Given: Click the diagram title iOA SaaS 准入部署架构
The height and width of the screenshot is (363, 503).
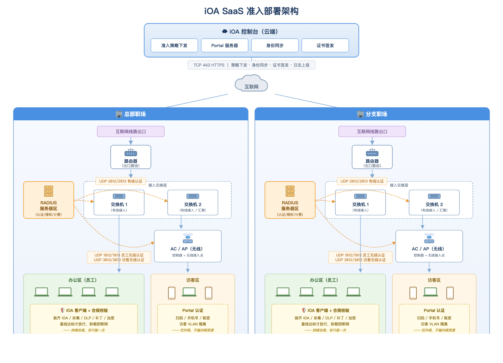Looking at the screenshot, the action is click(251, 11).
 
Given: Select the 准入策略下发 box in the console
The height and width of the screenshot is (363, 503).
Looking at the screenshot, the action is click(174, 45).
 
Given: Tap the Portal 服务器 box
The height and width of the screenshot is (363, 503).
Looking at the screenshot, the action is click(225, 45).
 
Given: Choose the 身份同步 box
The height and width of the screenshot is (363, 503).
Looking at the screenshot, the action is click(275, 45).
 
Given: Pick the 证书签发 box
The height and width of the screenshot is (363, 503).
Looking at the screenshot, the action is click(325, 45).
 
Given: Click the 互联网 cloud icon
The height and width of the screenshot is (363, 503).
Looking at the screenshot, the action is click(251, 83).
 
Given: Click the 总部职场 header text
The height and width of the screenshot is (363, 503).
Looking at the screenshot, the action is click(135, 114).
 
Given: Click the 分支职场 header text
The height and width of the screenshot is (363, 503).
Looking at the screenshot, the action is click(376, 114).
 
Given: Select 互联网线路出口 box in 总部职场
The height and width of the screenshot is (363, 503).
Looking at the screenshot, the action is click(131, 131).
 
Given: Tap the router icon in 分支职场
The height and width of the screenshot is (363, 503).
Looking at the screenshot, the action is click(372, 153).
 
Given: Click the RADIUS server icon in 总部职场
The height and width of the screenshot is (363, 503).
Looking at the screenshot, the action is click(49, 191).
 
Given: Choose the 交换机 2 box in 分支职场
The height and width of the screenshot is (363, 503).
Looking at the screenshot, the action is click(434, 203).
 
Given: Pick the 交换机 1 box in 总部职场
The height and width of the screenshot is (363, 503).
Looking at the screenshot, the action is click(119, 203).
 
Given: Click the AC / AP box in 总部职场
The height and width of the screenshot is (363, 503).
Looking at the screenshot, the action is click(188, 246).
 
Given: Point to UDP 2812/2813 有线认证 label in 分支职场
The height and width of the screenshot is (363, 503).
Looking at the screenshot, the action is click(362, 181).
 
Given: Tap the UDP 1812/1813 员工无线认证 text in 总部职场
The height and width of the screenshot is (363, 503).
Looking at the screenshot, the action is click(119, 255).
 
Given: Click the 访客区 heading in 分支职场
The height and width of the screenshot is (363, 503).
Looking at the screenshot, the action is click(434, 280).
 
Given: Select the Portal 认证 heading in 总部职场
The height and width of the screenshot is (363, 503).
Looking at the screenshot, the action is click(193, 311).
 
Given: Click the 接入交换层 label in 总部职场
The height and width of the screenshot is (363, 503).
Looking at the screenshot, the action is click(157, 185).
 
